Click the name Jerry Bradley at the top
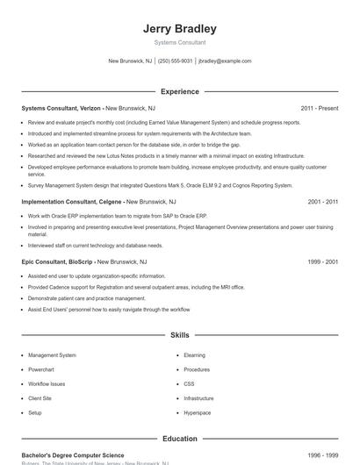coord(179,29)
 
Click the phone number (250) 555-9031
coord(176,61)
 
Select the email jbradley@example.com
coord(225,61)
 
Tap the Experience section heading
coord(179,91)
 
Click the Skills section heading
coord(179,335)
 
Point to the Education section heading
coord(179,438)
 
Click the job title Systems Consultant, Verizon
coord(56,108)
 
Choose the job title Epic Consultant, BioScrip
coord(57,261)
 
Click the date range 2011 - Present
coord(319,108)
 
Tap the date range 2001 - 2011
coord(322,201)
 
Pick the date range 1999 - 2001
coord(322,261)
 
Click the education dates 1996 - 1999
coord(322,455)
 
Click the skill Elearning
coord(194,355)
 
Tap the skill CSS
coord(189,383)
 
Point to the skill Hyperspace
coord(197,411)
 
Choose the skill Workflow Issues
coord(46,383)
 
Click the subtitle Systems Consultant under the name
coord(179,42)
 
